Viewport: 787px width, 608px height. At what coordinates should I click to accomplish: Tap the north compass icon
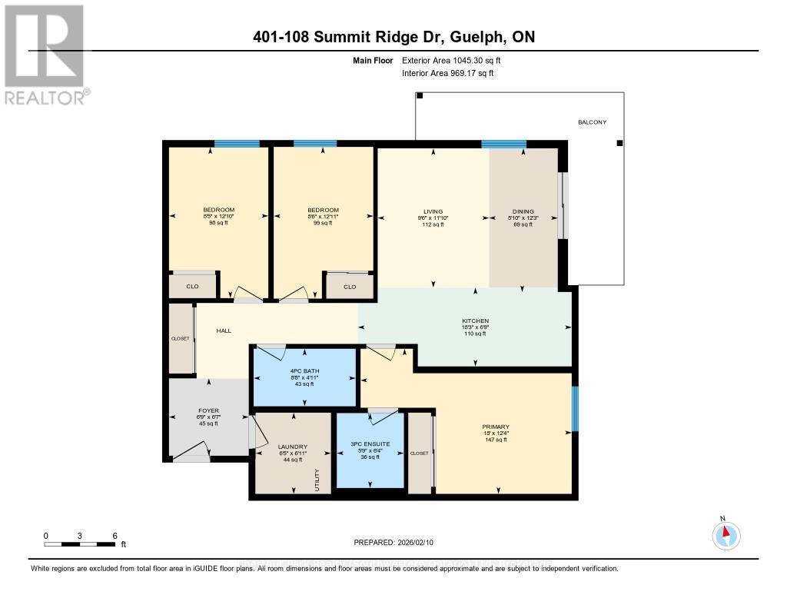(724, 533)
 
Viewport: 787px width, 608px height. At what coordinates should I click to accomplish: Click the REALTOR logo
(45, 55)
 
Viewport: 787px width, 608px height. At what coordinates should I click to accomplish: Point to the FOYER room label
(209, 411)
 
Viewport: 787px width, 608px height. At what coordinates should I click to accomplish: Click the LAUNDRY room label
(293, 447)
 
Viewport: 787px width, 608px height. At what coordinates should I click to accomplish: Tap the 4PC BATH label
(305, 371)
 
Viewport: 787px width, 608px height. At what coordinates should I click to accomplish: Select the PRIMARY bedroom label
(496, 427)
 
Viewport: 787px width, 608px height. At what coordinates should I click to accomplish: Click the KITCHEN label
(475, 321)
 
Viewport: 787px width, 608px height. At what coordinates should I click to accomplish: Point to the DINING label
(523, 211)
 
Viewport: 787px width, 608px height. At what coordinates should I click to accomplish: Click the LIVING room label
(433, 211)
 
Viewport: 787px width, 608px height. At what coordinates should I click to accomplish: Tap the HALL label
(224, 331)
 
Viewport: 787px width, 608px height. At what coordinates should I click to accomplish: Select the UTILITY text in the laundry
(317, 480)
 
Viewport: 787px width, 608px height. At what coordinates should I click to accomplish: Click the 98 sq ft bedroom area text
(218, 224)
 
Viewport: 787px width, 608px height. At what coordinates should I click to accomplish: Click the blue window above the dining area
(503, 144)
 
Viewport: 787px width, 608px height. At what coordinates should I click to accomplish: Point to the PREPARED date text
(393, 542)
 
